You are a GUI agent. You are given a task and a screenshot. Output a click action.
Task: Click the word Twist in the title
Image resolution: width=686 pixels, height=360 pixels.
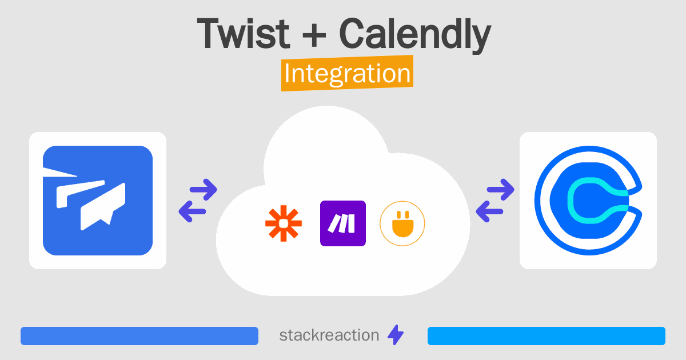(243, 33)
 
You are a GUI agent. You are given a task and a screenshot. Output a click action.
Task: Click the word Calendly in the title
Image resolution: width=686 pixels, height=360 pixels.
(415, 35)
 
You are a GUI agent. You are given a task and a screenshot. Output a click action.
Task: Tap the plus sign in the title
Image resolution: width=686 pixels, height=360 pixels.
(314, 37)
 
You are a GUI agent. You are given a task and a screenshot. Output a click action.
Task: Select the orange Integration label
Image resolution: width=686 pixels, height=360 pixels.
(348, 73)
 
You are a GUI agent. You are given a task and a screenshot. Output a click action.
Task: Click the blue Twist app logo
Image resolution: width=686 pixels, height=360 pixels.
(98, 201)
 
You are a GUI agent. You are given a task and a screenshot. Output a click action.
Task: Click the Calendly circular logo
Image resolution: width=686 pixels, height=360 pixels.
(588, 201)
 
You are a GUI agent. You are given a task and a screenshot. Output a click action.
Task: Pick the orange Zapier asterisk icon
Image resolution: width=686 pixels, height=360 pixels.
(284, 223)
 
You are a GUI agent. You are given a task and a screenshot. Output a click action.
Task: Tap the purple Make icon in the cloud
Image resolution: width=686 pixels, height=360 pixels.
(342, 223)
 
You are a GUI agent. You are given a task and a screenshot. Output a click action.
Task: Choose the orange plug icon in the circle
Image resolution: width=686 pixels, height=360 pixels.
(402, 223)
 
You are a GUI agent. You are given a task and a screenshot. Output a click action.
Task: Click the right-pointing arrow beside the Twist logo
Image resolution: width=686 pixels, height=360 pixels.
(204, 190)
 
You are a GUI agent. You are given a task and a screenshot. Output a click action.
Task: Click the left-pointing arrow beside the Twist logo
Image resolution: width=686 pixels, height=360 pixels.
(192, 211)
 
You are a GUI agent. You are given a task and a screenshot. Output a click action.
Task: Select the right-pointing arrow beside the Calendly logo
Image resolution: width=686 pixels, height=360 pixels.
(500, 190)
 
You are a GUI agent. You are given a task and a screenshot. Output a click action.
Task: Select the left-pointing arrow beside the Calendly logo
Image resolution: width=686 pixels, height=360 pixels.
(489, 211)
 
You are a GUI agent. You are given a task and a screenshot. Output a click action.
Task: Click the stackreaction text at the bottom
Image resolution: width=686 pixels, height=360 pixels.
(329, 335)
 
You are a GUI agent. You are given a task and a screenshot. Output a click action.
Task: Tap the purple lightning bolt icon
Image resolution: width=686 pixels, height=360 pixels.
(396, 335)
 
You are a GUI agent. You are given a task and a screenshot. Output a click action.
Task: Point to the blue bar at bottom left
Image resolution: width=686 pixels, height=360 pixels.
(139, 336)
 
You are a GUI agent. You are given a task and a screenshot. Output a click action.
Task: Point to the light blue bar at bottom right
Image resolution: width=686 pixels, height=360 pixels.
(547, 336)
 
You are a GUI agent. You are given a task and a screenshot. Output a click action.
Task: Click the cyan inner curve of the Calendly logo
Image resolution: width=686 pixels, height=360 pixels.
(571, 201)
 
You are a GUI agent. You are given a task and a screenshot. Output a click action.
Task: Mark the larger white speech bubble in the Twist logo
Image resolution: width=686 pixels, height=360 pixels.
(103, 207)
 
